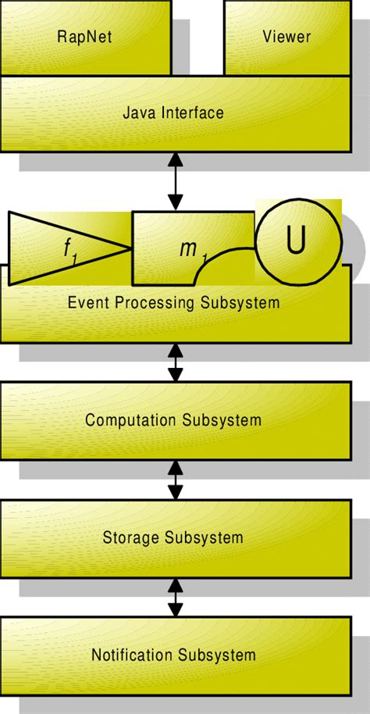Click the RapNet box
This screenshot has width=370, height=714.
[85, 37]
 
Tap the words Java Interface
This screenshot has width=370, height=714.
[173, 112]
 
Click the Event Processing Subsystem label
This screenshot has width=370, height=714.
[173, 303]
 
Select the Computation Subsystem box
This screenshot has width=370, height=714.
[173, 420]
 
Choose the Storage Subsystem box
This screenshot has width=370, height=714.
[173, 537]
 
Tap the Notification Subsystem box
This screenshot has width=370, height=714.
[173, 655]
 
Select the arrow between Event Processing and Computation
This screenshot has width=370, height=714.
[175, 363]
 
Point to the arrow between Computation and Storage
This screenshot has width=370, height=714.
[175, 480]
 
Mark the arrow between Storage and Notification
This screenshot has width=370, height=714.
[175, 598]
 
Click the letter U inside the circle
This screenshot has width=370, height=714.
[295, 241]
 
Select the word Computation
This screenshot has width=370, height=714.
[130, 420]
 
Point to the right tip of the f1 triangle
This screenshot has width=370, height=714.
[129, 248]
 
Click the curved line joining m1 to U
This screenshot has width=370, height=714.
[222, 256]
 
